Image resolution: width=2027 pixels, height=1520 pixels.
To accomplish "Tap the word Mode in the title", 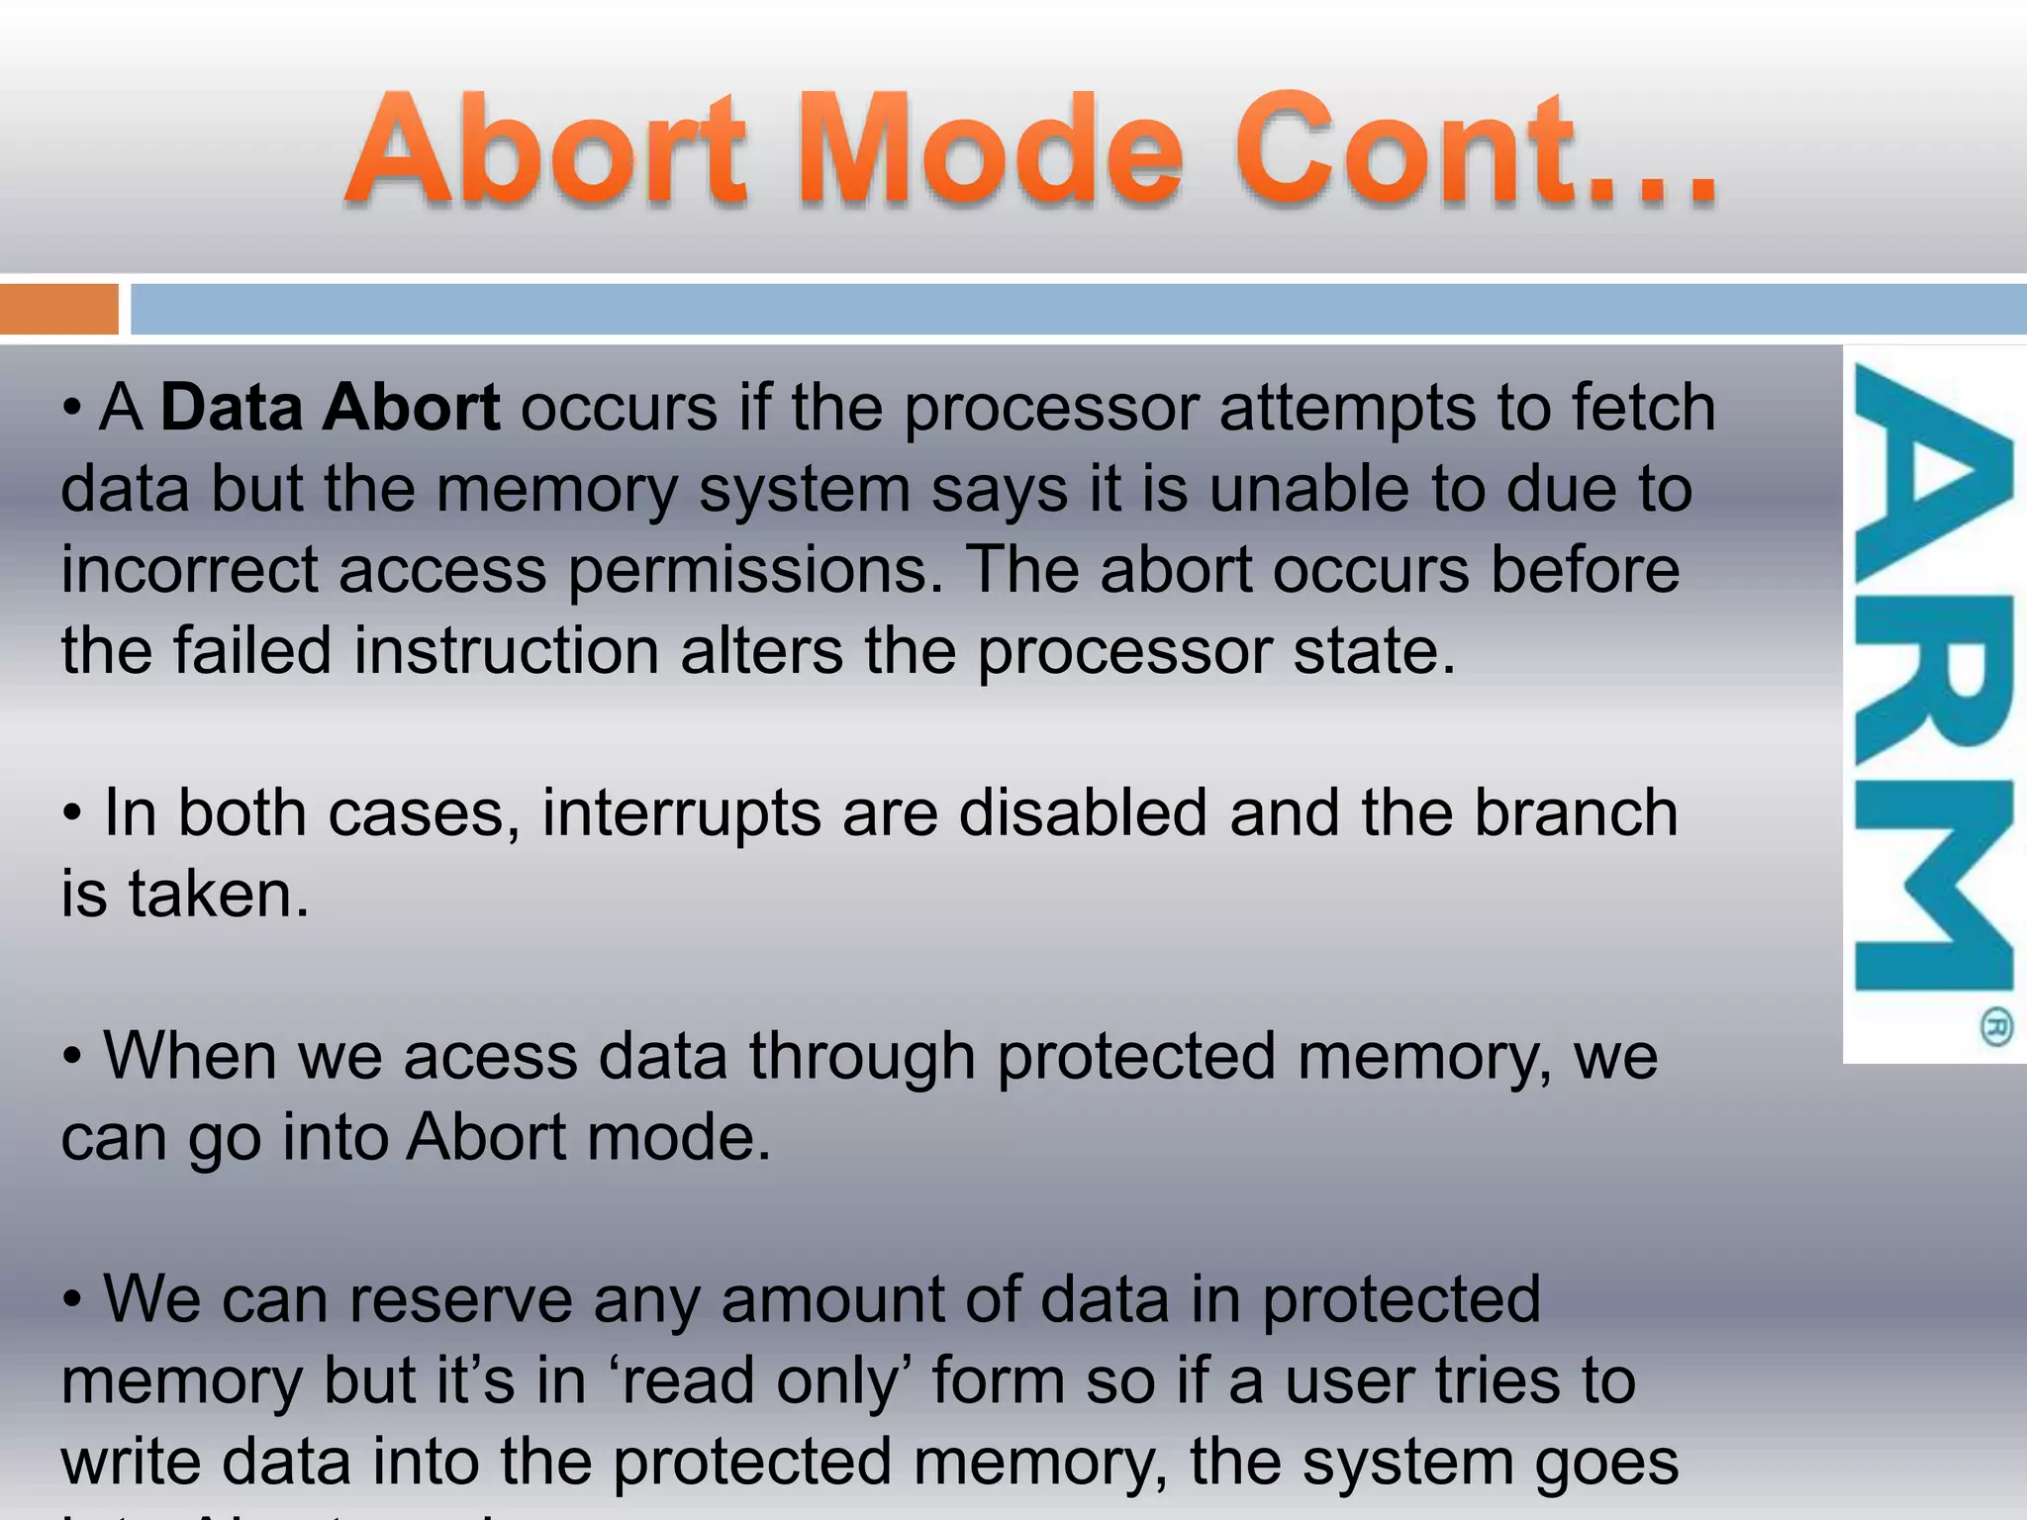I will pyautogui.click(x=990, y=150).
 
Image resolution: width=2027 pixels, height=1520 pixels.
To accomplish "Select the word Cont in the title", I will pyautogui.click(x=1405, y=150).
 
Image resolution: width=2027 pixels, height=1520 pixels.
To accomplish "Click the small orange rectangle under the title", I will pyautogui.click(x=58, y=309).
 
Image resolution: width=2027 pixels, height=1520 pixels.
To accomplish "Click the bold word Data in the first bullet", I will pyautogui.click(x=230, y=408).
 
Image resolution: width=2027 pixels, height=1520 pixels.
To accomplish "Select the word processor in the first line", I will pyautogui.click(x=1050, y=410).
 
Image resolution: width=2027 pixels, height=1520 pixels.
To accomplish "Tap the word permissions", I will pyautogui.click(x=755, y=572).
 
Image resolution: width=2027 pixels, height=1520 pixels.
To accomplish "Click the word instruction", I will pyautogui.click(x=506, y=652).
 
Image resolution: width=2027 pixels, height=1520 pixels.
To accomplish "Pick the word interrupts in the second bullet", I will pyautogui.click(x=681, y=814).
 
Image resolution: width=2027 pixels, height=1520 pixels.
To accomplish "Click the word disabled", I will pyautogui.click(x=1083, y=813).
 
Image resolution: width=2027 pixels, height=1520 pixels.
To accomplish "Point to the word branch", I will pyautogui.click(x=1576, y=813).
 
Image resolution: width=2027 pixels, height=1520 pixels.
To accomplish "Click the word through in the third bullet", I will pyautogui.click(x=862, y=1057).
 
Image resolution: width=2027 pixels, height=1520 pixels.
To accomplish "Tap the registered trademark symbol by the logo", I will pyautogui.click(x=1996, y=1027).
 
